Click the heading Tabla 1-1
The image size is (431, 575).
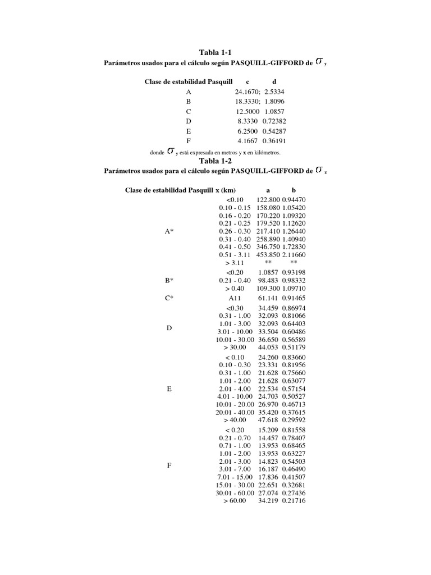[x=215, y=52]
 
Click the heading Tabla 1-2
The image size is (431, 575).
[x=215, y=161]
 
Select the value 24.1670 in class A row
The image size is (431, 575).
[x=247, y=91]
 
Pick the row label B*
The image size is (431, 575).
[x=169, y=280]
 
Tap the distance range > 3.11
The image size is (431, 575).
[x=235, y=262]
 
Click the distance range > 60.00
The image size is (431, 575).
[x=235, y=500]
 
